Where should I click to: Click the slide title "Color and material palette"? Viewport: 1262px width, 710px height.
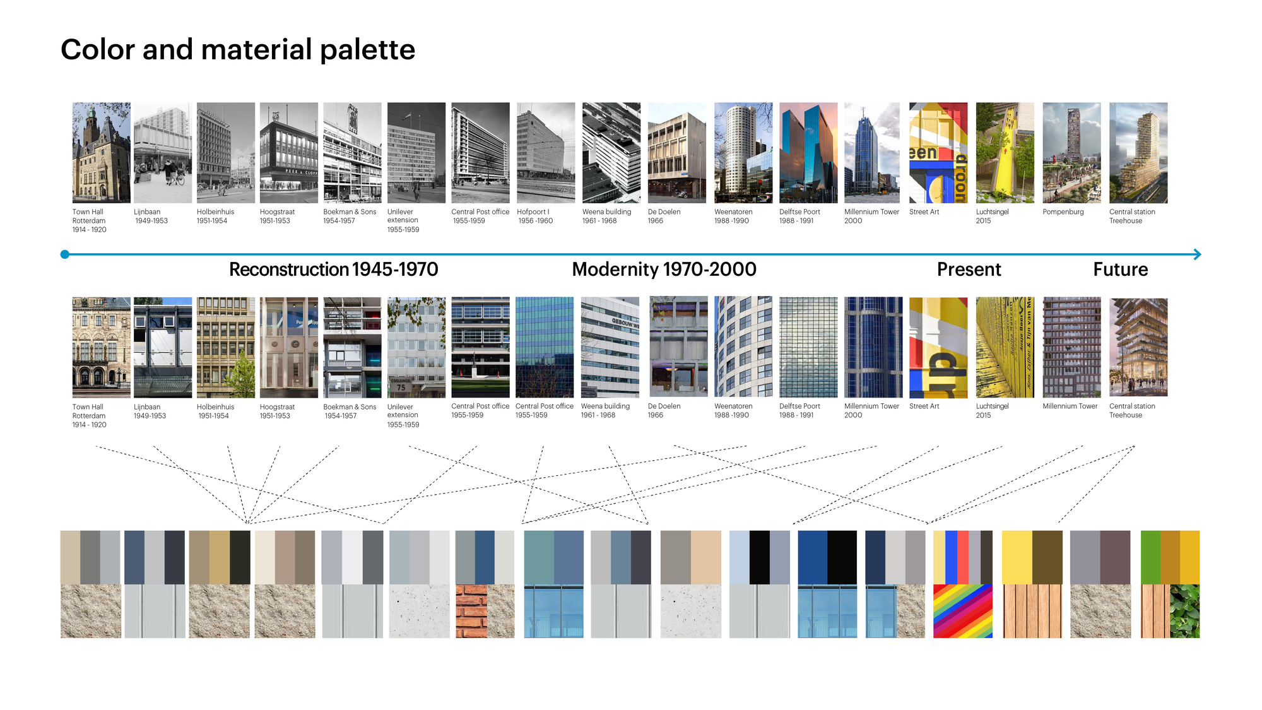point(238,50)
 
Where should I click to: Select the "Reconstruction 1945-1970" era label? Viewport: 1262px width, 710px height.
point(333,269)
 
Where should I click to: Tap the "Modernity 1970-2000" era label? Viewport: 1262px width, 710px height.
point(664,269)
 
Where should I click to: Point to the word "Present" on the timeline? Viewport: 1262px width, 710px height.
point(969,269)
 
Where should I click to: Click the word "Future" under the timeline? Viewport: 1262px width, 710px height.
point(1120,269)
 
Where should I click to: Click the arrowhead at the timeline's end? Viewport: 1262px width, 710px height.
point(1197,254)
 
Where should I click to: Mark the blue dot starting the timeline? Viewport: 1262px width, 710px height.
point(64,254)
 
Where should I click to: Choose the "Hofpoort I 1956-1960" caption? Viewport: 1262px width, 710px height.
point(534,216)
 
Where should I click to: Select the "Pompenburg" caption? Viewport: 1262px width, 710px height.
point(1063,212)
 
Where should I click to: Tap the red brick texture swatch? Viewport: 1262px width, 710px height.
point(471,611)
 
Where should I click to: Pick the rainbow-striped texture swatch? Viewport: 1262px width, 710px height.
point(962,611)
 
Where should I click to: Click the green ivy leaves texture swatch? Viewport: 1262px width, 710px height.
point(1184,611)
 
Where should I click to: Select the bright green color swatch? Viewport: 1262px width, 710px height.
point(1150,557)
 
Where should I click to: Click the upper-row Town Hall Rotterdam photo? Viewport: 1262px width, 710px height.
point(101,153)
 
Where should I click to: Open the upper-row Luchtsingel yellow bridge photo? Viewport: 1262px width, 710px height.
point(1005,153)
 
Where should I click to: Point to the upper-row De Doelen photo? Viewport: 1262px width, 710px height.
point(676,153)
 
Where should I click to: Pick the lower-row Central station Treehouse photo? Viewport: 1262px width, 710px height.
point(1138,347)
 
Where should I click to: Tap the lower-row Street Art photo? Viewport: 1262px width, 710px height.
point(938,347)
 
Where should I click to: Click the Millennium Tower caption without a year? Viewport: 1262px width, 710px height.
point(1070,406)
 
